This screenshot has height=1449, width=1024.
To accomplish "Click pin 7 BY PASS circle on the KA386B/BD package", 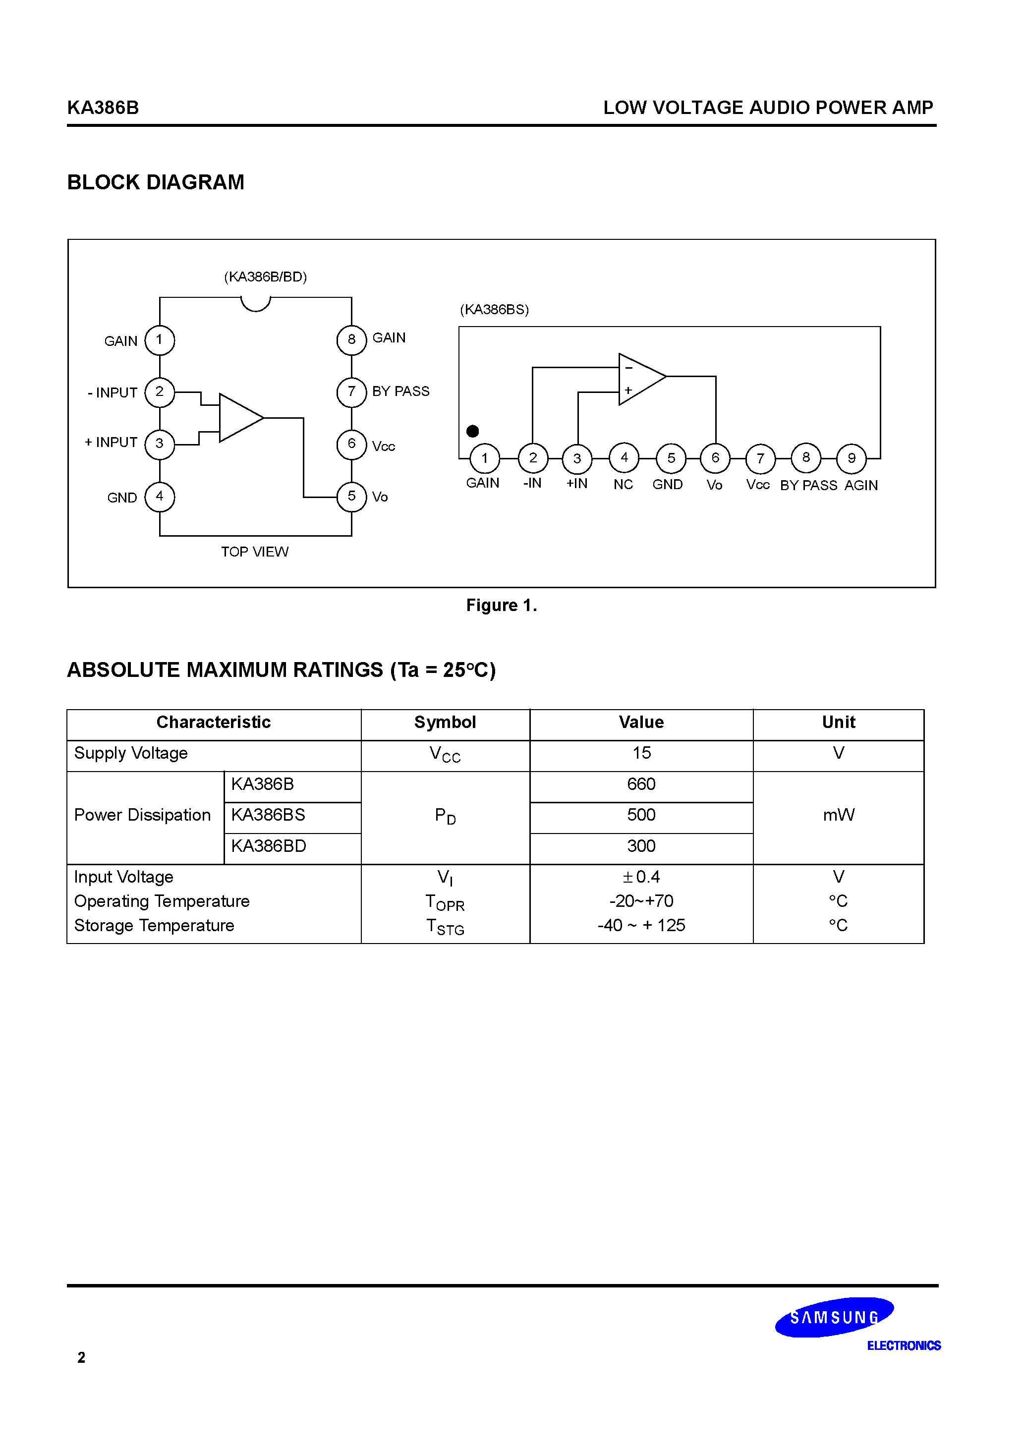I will pyautogui.click(x=351, y=392).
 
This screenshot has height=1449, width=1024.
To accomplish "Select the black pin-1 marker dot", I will pyautogui.click(x=472, y=431).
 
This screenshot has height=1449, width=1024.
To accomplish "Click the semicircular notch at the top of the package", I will pyautogui.click(x=256, y=304).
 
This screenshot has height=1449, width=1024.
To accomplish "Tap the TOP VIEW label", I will pyautogui.click(x=254, y=552).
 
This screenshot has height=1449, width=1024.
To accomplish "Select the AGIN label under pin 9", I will pyautogui.click(x=861, y=485).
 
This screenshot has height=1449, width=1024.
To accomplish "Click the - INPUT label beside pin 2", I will pyautogui.click(x=113, y=392).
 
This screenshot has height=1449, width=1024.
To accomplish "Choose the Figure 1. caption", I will pyautogui.click(x=501, y=605).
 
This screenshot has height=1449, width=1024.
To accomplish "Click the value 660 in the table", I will pyautogui.click(x=641, y=784).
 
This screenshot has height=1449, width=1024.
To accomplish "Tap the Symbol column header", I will pyautogui.click(x=445, y=722).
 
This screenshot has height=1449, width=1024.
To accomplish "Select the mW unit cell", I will pyautogui.click(x=839, y=815).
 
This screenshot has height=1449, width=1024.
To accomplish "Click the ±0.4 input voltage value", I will pyautogui.click(x=641, y=877).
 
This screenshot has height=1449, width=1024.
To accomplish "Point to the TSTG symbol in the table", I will pyautogui.click(x=445, y=927).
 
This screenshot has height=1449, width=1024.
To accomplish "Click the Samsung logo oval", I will pyautogui.click(x=834, y=1317).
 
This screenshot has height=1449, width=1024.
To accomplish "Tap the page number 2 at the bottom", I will pyautogui.click(x=81, y=1357).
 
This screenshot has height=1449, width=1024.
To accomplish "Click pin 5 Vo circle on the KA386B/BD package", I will pyautogui.click(x=351, y=497).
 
